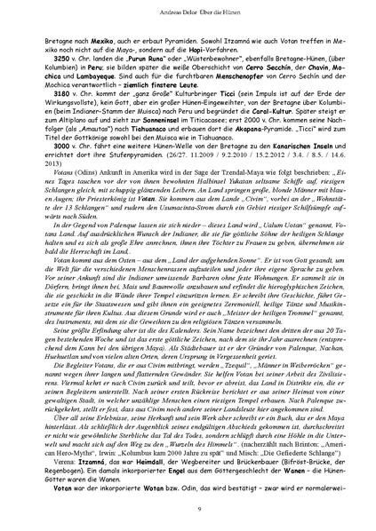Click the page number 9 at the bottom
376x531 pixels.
pyautogui.click(x=188, y=507)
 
